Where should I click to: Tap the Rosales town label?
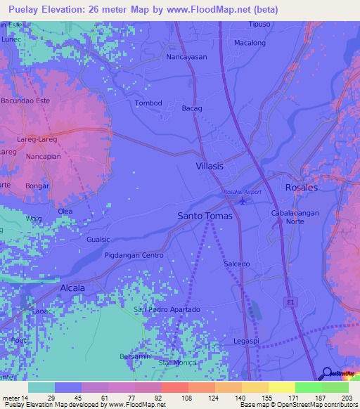302,188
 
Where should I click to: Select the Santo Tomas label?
205,216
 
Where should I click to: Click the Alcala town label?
72,288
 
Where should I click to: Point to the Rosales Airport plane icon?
243,202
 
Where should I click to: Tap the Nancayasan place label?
186,57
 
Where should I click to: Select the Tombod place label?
148,103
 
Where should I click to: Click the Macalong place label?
250,43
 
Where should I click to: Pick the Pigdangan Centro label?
134,254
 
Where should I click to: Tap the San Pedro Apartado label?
167,309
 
